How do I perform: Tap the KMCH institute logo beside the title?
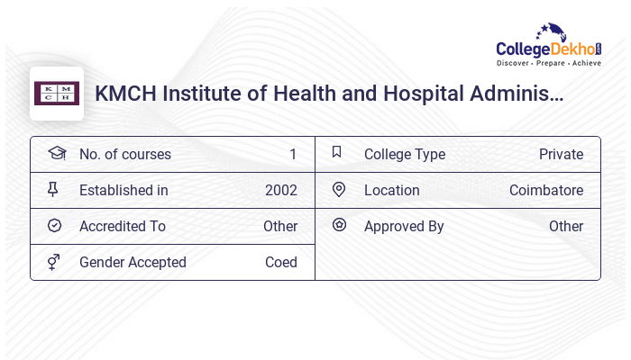point(57,94)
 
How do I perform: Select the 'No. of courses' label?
point(124,155)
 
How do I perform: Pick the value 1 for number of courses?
point(292,155)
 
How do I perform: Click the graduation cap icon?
point(56,154)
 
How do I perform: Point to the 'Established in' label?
point(123,191)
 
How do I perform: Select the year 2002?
point(280,191)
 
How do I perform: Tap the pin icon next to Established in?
point(53,190)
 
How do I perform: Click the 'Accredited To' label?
point(123,227)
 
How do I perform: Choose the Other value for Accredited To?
point(280,227)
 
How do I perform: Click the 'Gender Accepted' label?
point(133,263)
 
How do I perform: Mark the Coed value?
point(280,263)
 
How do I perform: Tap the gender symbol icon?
point(53,262)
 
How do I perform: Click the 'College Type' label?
point(405,155)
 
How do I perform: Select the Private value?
point(561,155)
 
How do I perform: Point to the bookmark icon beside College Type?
point(337,153)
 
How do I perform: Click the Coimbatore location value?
point(546,191)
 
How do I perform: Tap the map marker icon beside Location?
point(338,190)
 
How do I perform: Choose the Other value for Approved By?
point(566,227)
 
